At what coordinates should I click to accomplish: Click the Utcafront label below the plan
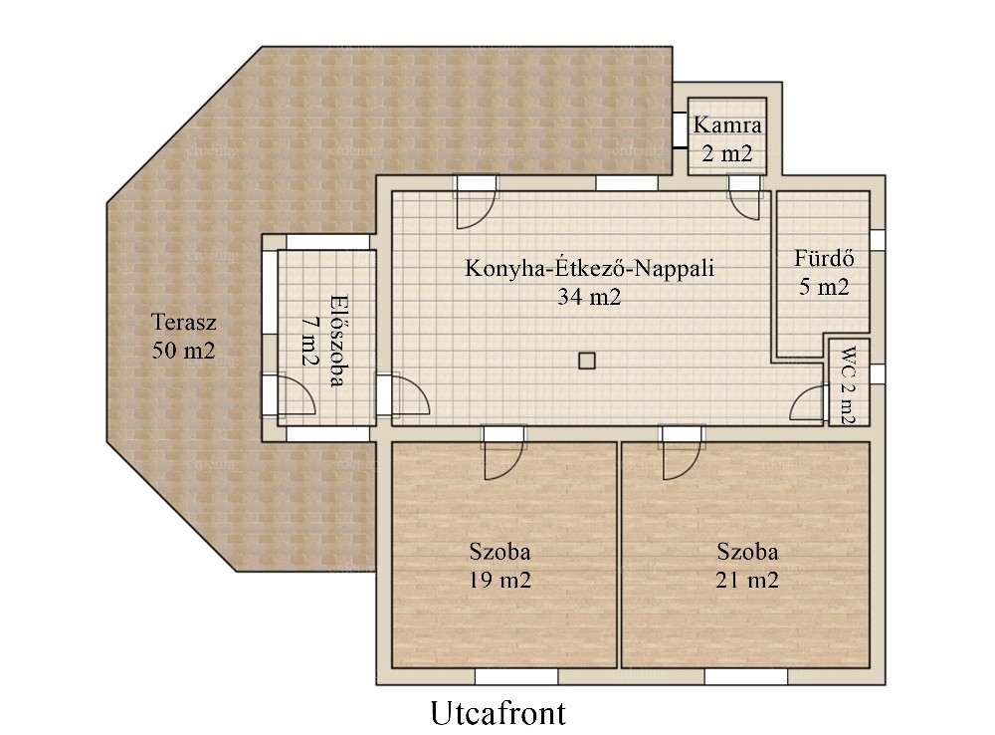(498, 713)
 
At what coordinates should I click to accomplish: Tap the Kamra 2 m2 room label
(727, 138)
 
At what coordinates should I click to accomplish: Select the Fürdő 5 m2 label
(824, 273)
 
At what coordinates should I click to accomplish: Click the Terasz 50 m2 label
(183, 336)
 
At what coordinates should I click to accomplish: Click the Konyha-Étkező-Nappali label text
(589, 268)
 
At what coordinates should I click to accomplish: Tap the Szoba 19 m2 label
(500, 566)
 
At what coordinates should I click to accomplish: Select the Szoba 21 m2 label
(747, 566)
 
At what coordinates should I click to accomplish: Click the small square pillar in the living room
(587, 361)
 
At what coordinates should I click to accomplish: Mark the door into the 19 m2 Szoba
(503, 452)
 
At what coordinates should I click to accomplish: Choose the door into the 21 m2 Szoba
(683, 452)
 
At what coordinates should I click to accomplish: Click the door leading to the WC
(808, 402)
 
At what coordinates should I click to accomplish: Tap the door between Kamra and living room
(743, 197)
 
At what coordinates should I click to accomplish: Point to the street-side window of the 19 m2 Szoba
(516, 676)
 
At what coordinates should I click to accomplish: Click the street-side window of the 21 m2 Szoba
(745, 676)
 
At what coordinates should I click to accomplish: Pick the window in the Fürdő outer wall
(878, 239)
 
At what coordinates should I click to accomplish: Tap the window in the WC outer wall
(878, 373)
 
